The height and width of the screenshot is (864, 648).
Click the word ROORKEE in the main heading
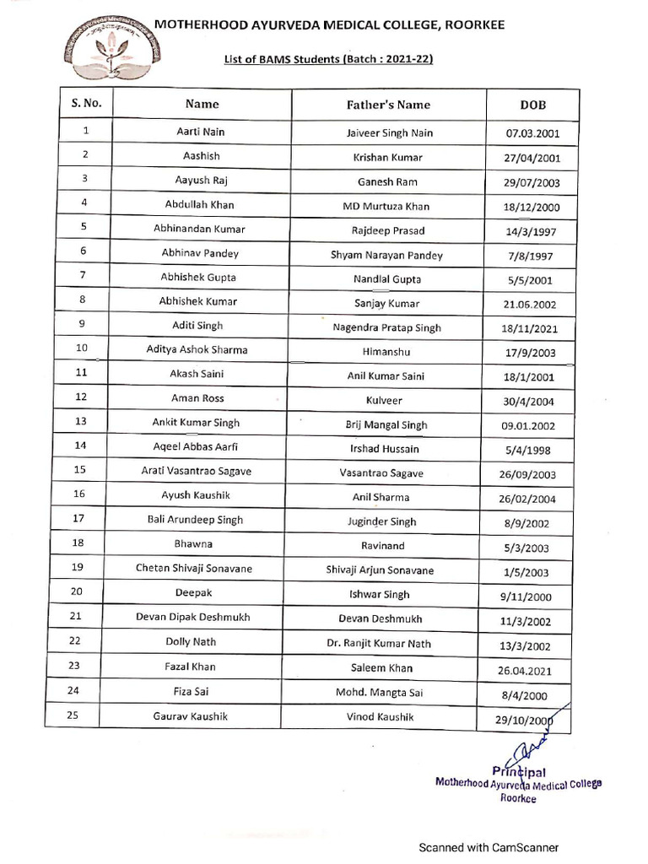click(472, 26)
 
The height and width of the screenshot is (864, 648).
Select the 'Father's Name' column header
click(388, 105)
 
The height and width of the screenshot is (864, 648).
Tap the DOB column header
click(533, 105)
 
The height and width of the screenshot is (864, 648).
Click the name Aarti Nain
click(201, 132)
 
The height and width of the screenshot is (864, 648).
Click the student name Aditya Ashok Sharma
click(201, 349)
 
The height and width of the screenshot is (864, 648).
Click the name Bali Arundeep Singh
click(202, 520)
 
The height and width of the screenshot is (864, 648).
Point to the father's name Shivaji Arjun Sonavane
click(381, 570)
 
